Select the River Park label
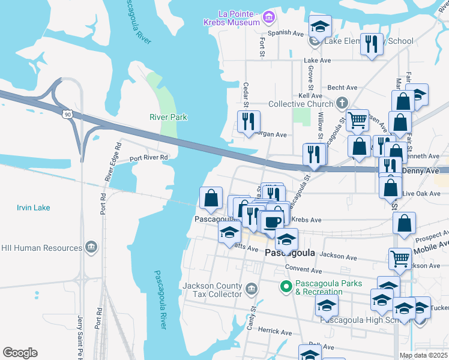pyautogui.click(x=169, y=117)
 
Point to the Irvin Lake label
pyautogui.click(x=33, y=208)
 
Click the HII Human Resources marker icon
pyautogui.click(x=91, y=248)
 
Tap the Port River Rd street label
pyautogui.click(x=149, y=158)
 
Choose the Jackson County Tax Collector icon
pyautogui.click(x=251, y=290)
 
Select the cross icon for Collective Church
pyautogui.click(x=342, y=104)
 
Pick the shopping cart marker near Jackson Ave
pyautogui.click(x=399, y=259)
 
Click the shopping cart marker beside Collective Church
pyautogui.click(x=357, y=120)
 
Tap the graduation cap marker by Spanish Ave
pyautogui.click(x=321, y=26)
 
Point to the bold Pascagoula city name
pyautogui.click(x=290, y=254)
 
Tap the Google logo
pyautogui.click(x=20, y=353)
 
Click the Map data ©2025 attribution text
pyautogui.click(x=423, y=355)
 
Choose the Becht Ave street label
pyautogui.click(x=342, y=88)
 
